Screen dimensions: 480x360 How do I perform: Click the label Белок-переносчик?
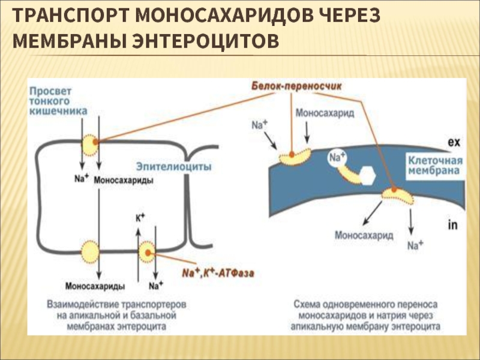[x=296, y=86]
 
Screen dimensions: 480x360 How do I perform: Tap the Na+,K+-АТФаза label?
[x=218, y=272]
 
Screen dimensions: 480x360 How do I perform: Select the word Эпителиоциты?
[x=174, y=167]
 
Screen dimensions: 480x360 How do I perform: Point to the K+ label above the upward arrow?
[x=140, y=218]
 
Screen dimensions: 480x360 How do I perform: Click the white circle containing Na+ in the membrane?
[x=337, y=158]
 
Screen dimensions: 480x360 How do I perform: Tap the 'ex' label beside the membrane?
[x=454, y=142]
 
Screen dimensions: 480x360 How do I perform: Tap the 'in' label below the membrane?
[x=453, y=226]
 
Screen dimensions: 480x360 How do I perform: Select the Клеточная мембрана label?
[x=436, y=166]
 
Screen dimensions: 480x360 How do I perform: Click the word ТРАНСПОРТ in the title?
[x=71, y=15]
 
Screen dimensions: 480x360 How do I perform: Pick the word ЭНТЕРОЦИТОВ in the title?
[x=205, y=41]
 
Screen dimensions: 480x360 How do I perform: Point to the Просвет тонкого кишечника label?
[x=58, y=101]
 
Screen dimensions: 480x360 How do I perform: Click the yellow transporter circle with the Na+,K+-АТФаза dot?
[x=147, y=252]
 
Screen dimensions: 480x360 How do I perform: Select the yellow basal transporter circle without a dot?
[x=90, y=252]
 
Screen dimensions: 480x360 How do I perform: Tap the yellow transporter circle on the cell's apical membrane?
[x=90, y=145]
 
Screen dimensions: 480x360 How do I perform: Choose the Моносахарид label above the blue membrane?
[x=325, y=113]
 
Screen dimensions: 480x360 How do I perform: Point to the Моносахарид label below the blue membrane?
[x=364, y=235]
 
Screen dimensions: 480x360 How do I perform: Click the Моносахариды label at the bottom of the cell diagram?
[x=95, y=286]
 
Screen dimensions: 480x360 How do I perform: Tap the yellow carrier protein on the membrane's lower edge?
[x=397, y=196]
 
